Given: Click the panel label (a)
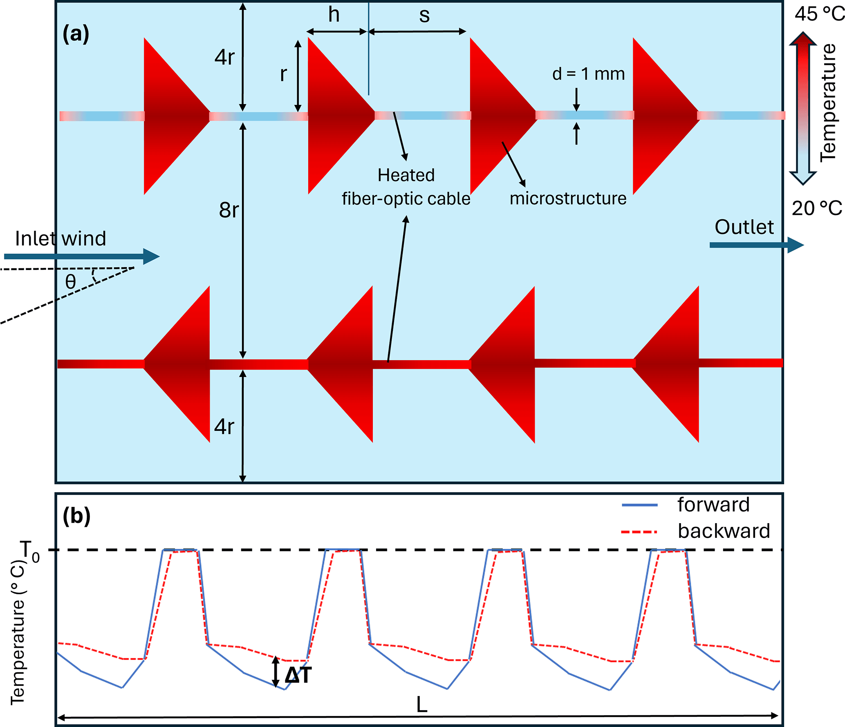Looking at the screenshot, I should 76,34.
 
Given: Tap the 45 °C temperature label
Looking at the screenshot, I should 819,14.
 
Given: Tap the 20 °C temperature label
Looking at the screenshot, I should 816,209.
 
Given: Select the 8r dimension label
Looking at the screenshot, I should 229,210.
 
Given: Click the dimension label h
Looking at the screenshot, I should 334,15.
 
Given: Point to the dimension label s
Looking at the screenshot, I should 424,16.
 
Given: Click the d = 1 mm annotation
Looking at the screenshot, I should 588,74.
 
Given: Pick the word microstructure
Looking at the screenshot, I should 568,198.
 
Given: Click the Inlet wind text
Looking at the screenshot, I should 61,239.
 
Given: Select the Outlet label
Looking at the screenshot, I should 744,227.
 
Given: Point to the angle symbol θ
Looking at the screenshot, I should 70,282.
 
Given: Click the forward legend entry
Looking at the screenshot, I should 713,505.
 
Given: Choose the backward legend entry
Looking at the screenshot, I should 724,531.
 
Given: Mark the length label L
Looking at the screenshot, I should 421,705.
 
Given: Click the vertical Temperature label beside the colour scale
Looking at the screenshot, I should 828,102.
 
